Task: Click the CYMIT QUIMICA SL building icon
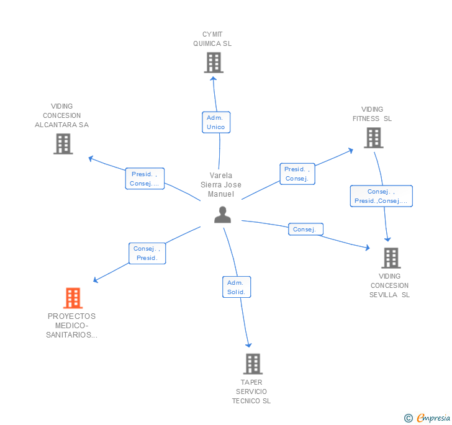[214, 63]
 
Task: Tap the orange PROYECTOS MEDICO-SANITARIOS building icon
[73, 298]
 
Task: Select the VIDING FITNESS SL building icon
[373, 138]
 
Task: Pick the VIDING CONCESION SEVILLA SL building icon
[391, 257]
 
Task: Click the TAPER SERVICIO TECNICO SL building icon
[252, 364]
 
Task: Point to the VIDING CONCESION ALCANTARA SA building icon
[63, 144]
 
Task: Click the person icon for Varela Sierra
[222, 215]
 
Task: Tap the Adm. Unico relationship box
[216, 122]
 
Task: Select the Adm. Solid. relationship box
[236, 287]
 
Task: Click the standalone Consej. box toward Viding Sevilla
[305, 230]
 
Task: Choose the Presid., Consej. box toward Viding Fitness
[297, 174]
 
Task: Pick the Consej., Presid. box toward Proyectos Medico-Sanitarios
[147, 253]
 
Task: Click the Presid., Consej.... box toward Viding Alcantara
[145, 179]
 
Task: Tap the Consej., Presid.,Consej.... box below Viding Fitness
[381, 196]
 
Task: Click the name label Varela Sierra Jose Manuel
[221, 185]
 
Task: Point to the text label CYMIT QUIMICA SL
[212, 39]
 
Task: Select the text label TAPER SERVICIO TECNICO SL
[251, 391]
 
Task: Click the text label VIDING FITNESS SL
[373, 114]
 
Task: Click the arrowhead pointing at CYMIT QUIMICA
[214, 78]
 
